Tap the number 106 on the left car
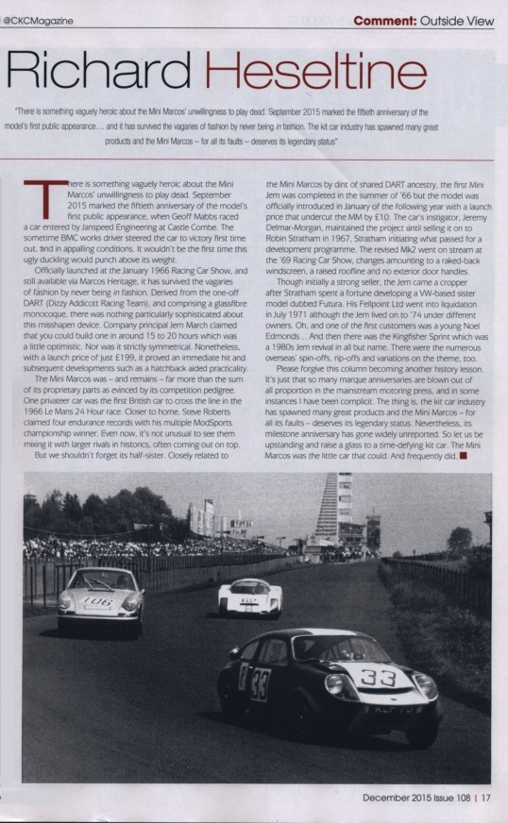click(x=95, y=600)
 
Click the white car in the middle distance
click(x=249, y=596)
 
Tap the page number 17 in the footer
click(x=486, y=798)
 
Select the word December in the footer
click(x=391, y=798)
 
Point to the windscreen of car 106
click(x=97, y=580)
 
